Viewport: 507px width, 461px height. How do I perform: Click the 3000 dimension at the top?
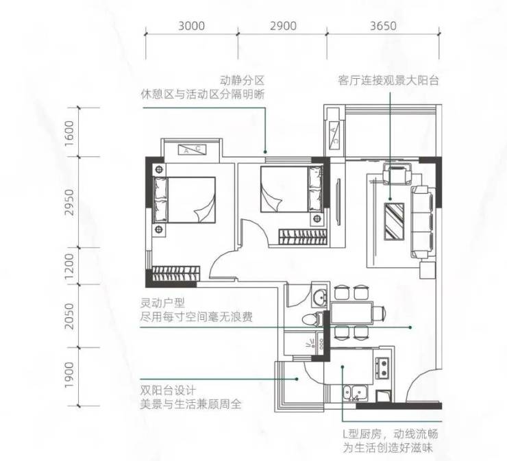[191, 25]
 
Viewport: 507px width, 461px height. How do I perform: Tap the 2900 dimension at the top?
[283, 25]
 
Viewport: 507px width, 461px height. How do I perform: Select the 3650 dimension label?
[383, 25]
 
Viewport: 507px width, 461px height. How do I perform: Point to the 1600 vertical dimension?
[69, 133]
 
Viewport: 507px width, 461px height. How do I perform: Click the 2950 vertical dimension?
[69, 202]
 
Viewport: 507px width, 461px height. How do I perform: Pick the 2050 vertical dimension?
[69, 316]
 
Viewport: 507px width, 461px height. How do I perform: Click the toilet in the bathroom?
[313, 319]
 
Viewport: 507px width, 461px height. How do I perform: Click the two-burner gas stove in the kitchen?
[382, 369]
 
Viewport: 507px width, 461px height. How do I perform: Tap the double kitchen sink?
[356, 393]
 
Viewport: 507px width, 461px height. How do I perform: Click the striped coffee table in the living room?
[394, 221]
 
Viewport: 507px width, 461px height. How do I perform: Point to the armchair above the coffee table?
[397, 174]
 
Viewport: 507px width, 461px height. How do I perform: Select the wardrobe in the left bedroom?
[176, 273]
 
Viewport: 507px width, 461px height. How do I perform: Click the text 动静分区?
[243, 80]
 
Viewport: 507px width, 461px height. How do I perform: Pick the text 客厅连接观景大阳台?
[388, 80]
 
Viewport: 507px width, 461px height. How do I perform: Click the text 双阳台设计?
[168, 390]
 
